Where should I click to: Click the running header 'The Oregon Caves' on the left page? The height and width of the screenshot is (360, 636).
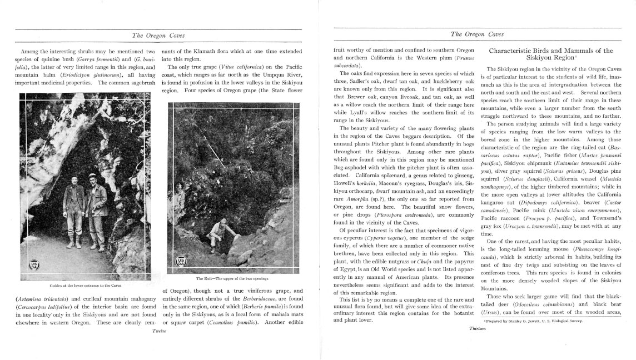(160, 34)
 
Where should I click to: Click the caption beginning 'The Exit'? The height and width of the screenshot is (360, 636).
(232, 278)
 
